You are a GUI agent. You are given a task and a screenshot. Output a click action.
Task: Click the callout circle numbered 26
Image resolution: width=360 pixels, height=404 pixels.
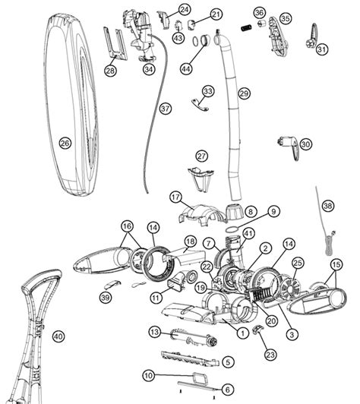65,143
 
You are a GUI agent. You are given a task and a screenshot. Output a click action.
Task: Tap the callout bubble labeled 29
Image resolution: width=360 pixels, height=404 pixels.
244,93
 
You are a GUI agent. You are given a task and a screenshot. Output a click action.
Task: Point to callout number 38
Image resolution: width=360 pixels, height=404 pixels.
327,205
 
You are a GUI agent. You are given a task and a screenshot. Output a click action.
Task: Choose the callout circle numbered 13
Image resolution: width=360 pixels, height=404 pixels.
153,332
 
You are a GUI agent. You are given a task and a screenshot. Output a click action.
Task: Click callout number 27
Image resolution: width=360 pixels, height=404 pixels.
201,156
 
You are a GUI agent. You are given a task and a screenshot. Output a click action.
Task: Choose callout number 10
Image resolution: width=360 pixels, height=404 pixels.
149,374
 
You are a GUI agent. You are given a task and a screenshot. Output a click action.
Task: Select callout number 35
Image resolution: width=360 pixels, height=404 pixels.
285,17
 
